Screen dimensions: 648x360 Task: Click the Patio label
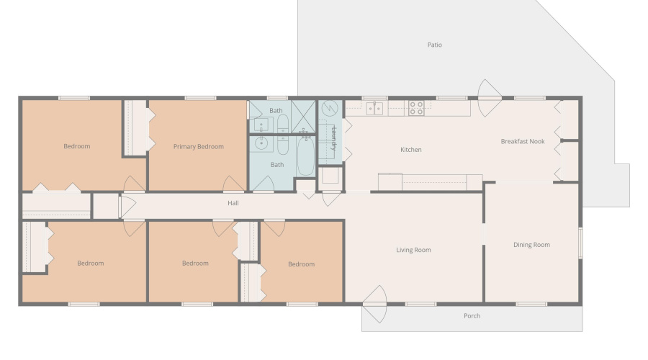pos(434,45)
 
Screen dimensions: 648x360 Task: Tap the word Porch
pos(472,316)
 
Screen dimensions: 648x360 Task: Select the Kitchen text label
pos(411,150)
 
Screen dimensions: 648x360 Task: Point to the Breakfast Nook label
pos(523,141)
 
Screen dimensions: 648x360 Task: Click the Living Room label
pos(413,250)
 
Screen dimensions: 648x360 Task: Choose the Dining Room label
pos(531,245)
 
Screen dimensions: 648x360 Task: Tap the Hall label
pos(233,203)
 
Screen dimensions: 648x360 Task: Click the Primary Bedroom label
pos(199,147)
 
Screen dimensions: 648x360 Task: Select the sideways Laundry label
pos(334,138)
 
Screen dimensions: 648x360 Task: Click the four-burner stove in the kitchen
pos(416,108)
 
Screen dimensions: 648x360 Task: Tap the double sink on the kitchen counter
pos(374,109)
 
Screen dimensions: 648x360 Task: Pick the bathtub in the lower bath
pos(306,156)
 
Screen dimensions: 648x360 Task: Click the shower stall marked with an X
pos(303,116)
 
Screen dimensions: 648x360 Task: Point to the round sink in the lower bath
pos(261,143)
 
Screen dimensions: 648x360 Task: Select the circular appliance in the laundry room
pos(330,109)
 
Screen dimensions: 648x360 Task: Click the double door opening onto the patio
pos(490,98)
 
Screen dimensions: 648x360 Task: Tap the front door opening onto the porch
pos(374,305)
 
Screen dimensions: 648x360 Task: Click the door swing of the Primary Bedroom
pos(233,184)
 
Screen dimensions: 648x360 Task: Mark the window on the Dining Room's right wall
pos(580,243)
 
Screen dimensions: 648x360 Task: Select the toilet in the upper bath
pos(283,123)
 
